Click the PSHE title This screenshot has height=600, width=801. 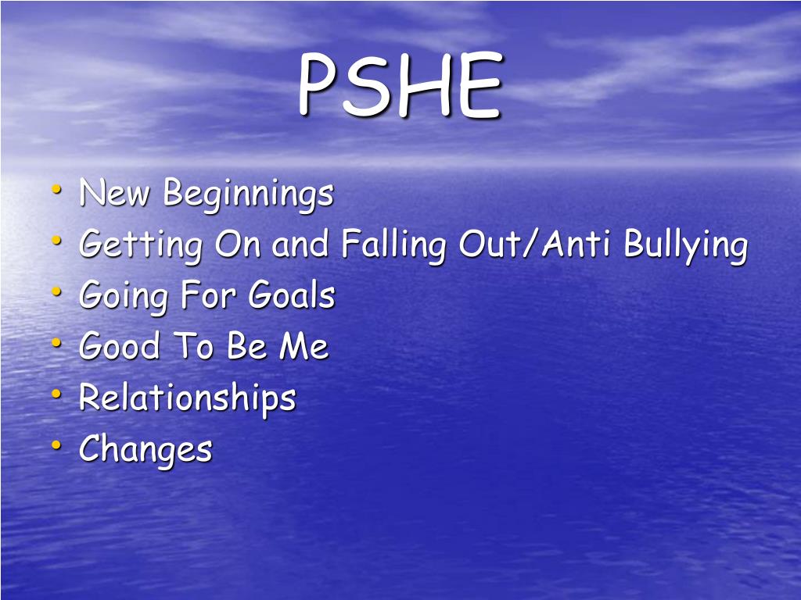pos(399,86)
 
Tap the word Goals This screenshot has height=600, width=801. pos(291,296)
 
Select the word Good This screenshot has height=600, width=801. pos(119,347)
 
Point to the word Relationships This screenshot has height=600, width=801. pos(188,398)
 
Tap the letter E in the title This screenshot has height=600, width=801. pos(478,86)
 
